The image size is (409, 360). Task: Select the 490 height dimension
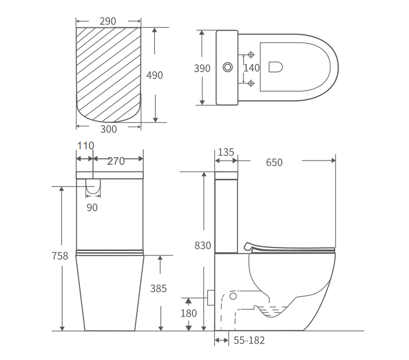[154, 75]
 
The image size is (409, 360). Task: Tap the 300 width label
[108, 129]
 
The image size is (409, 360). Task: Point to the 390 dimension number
[202, 68]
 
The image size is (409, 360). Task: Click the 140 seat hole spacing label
[251, 68]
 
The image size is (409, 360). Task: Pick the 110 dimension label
[85, 146]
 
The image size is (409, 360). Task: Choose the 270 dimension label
[116, 161]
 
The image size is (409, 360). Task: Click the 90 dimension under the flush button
[92, 207]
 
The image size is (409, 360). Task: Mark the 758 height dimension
[60, 256]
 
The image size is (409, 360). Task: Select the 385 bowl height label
[158, 289]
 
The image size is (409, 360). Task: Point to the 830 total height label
[202, 245]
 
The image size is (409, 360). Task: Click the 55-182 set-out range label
[249, 340]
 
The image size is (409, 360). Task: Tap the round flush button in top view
[226, 67]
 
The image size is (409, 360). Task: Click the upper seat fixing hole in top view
[251, 54]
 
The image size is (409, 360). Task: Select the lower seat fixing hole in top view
[251, 82]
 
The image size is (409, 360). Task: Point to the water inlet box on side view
[211, 297]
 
